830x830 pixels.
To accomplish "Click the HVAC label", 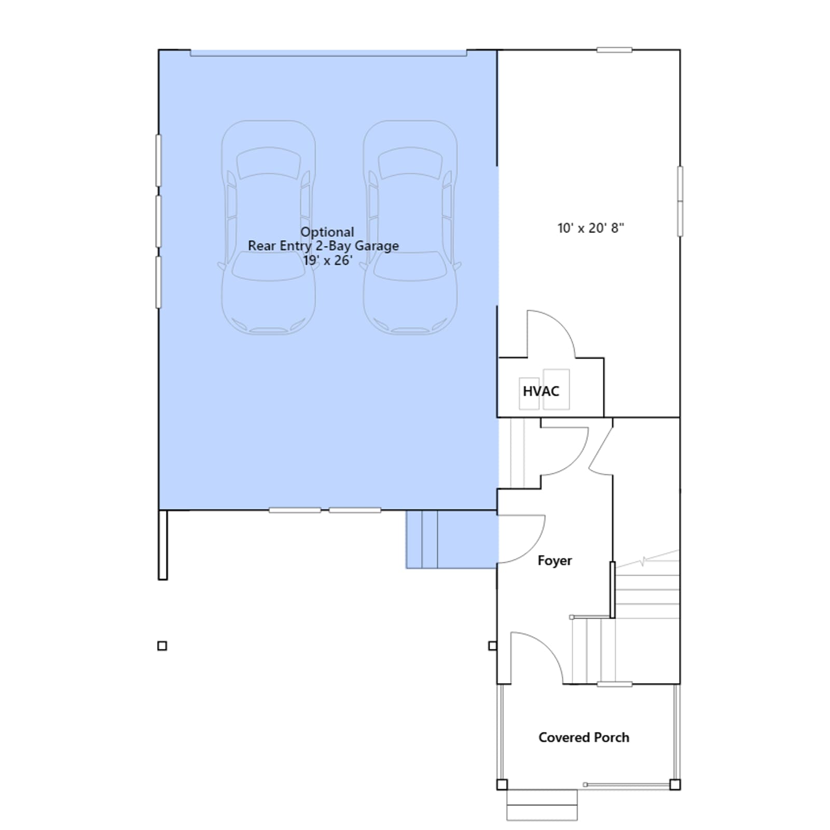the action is pyautogui.click(x=541, y=391).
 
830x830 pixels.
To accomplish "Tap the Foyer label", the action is pyautogui.click(x=555, y=560).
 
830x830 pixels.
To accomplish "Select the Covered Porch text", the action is pyautogui.click(x=584, y=737).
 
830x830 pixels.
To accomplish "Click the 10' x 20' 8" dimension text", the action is pyautogui.click(x=591, y=228).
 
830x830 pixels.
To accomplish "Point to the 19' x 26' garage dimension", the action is pyautogui.click(x=328, y=260).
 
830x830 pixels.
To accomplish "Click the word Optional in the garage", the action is pyautogui.click(x=327, y=232).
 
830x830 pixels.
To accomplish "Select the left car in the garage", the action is pyautogui.click(x=268, y=227).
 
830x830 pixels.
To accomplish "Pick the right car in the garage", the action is pyautogui.click(x=410, y=227).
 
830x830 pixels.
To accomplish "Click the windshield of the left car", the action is pyautogui.click(x=268, y=266).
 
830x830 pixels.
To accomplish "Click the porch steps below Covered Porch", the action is pyautogui.click(x=542, y=805).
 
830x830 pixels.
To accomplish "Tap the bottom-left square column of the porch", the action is pyautogui.click(x=502, y=784).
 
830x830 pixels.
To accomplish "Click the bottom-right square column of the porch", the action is pyautogui.click(x=675, y=784).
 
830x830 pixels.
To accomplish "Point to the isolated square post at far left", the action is pyautogui.click(x=162, y=646).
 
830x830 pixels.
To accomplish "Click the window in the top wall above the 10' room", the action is pyautogui.click(x=614, y=50).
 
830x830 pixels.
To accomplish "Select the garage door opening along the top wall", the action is pyautogui.click(x=328, y=53).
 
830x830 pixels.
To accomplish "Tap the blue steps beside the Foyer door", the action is pyautogui.click(x=451, y=539).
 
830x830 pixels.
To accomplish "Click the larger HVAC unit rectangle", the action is pyautogui.click(x=557, y=389).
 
